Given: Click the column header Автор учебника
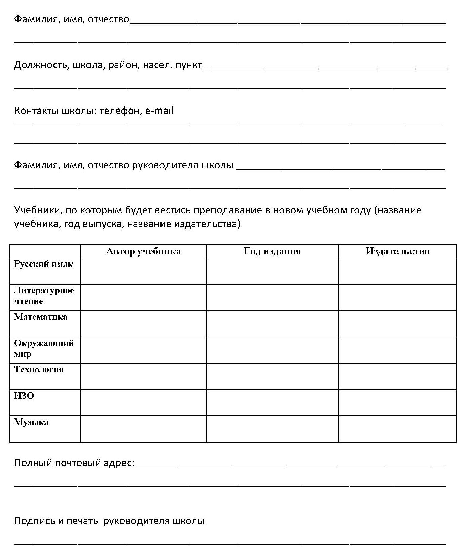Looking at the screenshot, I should pos(143,251).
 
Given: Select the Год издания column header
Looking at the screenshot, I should pos(272,251).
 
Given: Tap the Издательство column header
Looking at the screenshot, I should pos(397,251).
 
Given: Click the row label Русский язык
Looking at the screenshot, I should pos(43,264).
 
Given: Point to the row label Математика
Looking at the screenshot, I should pos(41,317).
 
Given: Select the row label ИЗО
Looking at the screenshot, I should pos(24,396).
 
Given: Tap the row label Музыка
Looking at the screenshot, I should pos(31,422).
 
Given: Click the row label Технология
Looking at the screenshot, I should pos(39,369).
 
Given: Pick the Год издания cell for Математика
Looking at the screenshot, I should pos(272,323).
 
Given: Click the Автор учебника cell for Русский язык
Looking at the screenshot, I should pos(143,271).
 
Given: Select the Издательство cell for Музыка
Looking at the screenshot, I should pos(397,429).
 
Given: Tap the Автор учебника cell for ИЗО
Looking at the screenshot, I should pos(143,402).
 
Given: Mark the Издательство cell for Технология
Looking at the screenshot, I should pos(397,376).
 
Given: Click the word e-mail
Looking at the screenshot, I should pos(159,111).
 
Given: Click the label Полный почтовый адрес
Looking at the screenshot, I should pos(74,463).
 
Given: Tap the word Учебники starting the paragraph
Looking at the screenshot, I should pos(37,210).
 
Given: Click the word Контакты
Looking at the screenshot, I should pos(36,111).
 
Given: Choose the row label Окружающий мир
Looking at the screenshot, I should pos(44,348).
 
